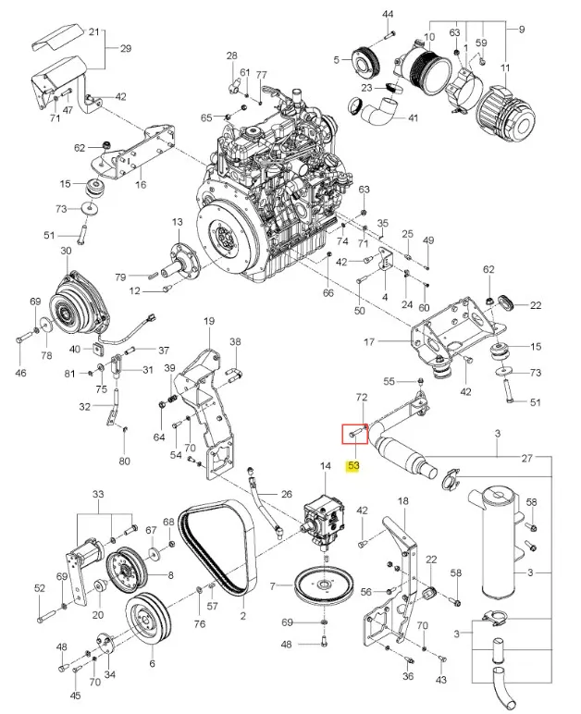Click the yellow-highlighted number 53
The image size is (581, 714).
pyautogui.click(x=353, y=466)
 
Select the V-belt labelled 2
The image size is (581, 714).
pyautogui.click(x=217, y=547)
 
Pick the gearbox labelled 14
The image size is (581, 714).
pyautogui.click(x=323, y=518)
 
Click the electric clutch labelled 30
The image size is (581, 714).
pyautogui.click(x=80, y=302)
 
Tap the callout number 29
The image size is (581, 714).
pyautogui.click(x=126, y=48)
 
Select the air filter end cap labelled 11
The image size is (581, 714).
pyautogui.click(x=506, y=113)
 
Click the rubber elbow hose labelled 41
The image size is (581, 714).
pyautogui.click(x=378, y=113)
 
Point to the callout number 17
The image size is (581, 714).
pyautogui.click(x=369, y=340)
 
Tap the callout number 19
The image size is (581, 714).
pyautogui.click(x=209, y=322)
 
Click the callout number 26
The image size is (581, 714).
pyautogui.click(x=287, y=494)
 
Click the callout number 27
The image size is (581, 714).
pyautogui.click(x=526, y=458)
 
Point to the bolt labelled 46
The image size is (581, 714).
pyautogui.click(x=24, y=339)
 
